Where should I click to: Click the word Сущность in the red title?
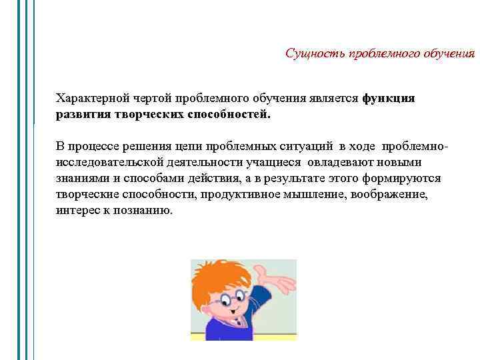[x=311, y=53]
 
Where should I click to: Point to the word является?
[x=333, y=99]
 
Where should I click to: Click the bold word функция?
[x=389, y=99]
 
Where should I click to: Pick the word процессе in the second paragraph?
[x=91, y=147]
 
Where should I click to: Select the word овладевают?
[x=339, y=163]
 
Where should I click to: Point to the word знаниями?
[x=79, y=179]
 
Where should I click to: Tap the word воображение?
[x=386, y=195]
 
